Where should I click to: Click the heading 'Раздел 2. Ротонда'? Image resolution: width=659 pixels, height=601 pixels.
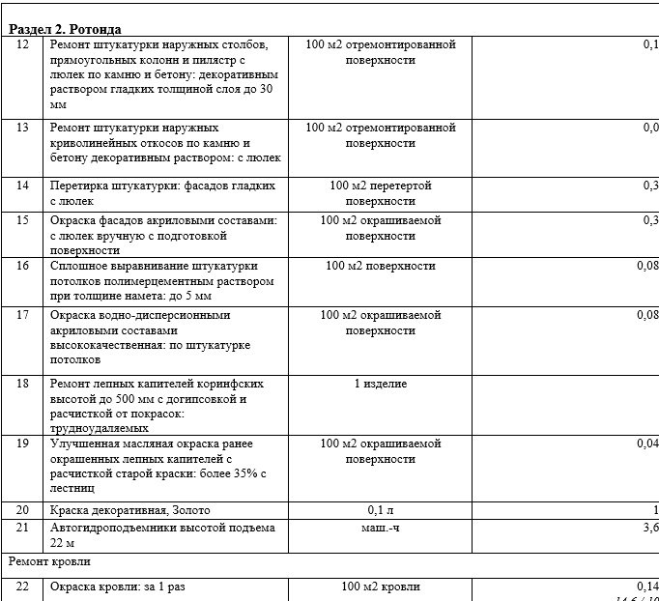coord(66,29)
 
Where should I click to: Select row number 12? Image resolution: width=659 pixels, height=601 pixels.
coord(24,45)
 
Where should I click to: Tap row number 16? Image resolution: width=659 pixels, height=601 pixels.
coord(24,266)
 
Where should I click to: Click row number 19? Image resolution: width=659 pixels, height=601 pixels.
coord(24,444)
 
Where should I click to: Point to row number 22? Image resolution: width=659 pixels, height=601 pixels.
coord(24,587)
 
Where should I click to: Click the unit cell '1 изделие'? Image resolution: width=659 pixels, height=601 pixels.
coord(380,384)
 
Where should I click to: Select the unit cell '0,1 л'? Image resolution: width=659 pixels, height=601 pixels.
coord(380,509)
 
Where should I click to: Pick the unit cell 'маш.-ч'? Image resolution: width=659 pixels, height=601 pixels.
coord(380,529)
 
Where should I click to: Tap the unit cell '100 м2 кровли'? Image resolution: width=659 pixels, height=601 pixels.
coord(380,587)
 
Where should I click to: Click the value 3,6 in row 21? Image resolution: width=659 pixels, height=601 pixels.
coord(649,529)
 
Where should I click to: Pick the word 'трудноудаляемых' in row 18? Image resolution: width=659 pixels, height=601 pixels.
coord(99,427)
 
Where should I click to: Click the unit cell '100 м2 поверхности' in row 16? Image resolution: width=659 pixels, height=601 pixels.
coord(380,266)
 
